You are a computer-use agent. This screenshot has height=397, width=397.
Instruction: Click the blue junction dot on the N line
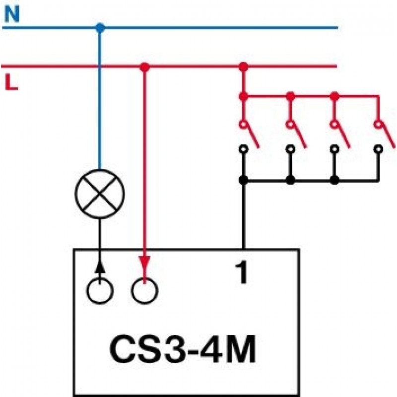(x=100, y=27)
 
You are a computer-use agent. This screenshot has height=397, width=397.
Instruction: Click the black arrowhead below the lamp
(x=100, y=266)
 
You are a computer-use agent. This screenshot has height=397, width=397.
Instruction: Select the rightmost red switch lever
(x=385, y=134)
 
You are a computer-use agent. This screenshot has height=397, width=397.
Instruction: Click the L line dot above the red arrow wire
(x=144, y=66)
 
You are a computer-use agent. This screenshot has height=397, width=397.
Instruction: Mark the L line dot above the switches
(x=243, y=66)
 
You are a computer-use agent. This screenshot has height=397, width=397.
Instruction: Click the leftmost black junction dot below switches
(x=243, y=180)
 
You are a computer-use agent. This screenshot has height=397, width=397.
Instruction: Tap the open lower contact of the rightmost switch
(x=378, y=148)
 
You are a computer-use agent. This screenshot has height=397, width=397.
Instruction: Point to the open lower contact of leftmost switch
(x=243, y=148)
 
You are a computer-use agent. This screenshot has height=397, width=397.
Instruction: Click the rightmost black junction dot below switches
(x=334, y=180)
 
